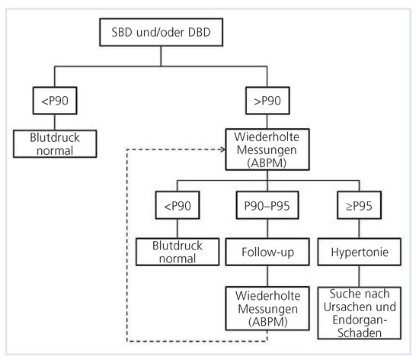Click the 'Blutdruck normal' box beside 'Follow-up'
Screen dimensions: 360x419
click(x=172, y=252)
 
